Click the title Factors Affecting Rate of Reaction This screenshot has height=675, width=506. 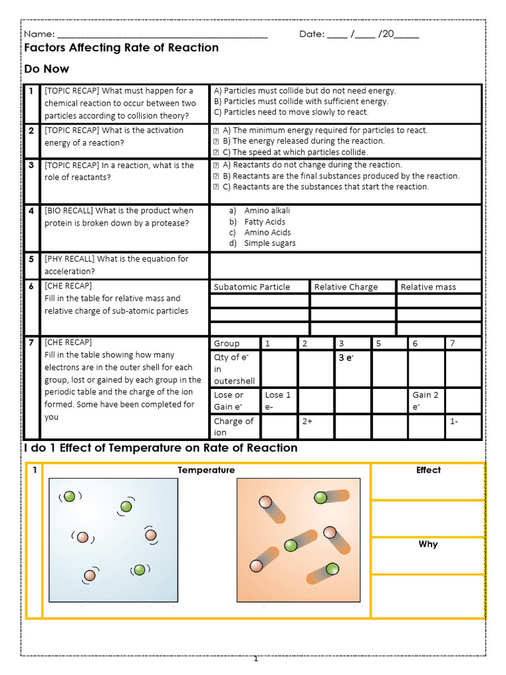click(x=121, y=48)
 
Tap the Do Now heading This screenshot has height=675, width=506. click(x=46, y=69)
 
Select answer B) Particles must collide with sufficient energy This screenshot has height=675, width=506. click(x=301, y=102)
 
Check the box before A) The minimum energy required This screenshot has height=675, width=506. click(x=216, y=131)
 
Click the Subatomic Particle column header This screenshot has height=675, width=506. click(x=252, y=287)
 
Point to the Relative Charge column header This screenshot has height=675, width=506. click(x=346, y=287)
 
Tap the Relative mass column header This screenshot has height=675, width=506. click(x=428, y=287)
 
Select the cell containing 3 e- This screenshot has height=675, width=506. click(x=346, y=358)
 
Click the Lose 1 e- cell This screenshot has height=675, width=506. click(x=278, y=401)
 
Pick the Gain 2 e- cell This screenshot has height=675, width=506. click(x=426, y=401)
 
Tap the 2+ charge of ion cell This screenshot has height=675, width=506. click(x=308, y=422)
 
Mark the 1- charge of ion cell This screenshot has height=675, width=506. click(x=454, y=422)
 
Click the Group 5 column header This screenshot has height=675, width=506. click(x=378, y=343)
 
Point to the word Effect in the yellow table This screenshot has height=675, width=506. click(x=428, y=470)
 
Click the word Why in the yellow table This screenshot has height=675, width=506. click(x=428, y=544)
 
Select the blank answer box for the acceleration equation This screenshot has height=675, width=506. click(x=345, y=266)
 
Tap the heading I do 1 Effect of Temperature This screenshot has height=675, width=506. click(x=161, y=448)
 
